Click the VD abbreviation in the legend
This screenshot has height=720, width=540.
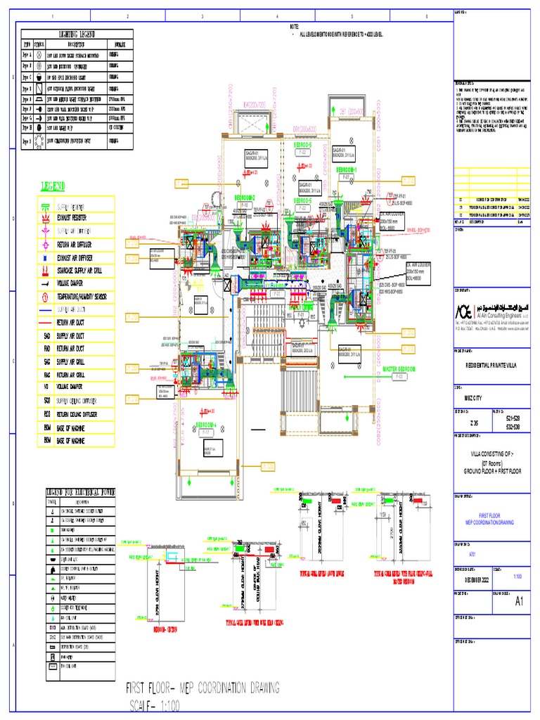click(46, 385)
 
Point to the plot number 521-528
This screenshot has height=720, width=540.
click(515, 418)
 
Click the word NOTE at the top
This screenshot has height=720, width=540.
click(295, 26)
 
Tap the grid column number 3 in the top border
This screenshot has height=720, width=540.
click(202, 16)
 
